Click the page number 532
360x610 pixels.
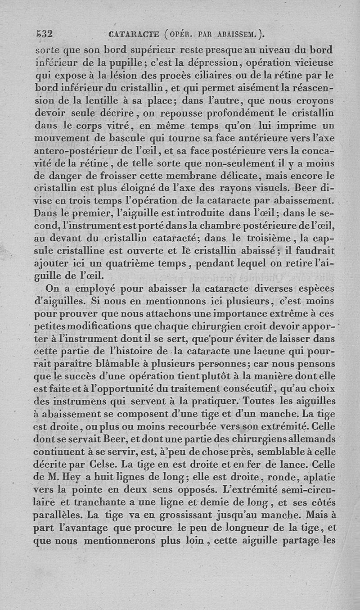[45, 34]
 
